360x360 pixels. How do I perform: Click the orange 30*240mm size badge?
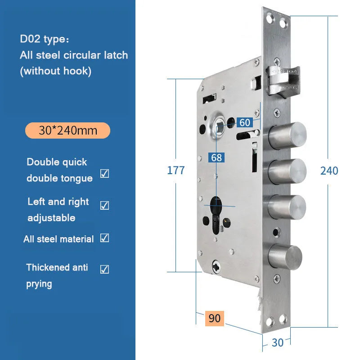point(68,130)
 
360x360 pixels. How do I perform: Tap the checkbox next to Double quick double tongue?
point(105,174)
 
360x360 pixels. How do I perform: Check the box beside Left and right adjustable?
point(105,205)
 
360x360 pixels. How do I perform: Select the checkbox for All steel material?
point(105,238)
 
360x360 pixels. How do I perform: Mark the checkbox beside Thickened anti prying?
point(105,269)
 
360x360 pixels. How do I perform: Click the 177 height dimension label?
point(176,171)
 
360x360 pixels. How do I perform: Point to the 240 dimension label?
point(329,171)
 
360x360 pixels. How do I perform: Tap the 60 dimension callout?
point(245,122)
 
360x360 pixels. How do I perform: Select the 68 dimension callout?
point(216,157)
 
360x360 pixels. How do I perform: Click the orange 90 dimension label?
point(215,319)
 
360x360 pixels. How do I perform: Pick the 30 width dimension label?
point(278,343)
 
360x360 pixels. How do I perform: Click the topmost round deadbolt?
point(287,136)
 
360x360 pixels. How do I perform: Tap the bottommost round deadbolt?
point(285,257)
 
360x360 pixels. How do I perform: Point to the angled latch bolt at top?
point(283,81)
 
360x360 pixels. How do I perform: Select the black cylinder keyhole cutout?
point(216,215)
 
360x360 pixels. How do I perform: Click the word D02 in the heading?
point(30,39)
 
